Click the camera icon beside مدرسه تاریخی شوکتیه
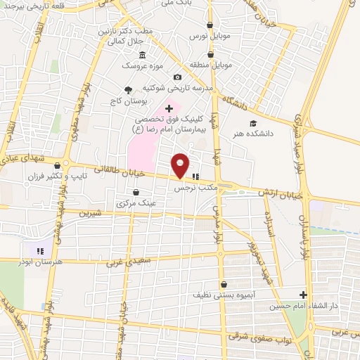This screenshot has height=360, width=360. (x=177, y=77)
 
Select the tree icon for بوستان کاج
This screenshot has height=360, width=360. (x=128, y=89)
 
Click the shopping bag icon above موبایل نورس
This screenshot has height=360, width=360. (x=210, y=23)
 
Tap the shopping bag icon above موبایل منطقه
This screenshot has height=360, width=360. (x=210, y=54)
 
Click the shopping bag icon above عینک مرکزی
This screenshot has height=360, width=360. (x=136, y=191)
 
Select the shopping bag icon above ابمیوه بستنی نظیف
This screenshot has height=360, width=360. (x=224, y=284)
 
